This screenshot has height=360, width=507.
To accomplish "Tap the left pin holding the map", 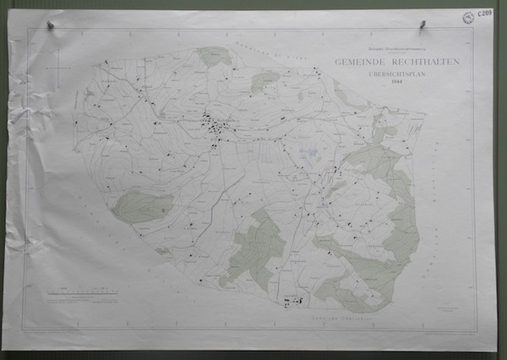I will (52, 25).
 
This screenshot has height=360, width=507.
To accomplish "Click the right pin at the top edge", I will (419, 26).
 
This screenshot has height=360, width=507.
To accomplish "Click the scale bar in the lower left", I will (83, 292).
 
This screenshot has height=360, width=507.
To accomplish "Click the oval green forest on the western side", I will (142, 205).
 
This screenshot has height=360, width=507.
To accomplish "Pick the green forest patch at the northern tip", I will (215, 56).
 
